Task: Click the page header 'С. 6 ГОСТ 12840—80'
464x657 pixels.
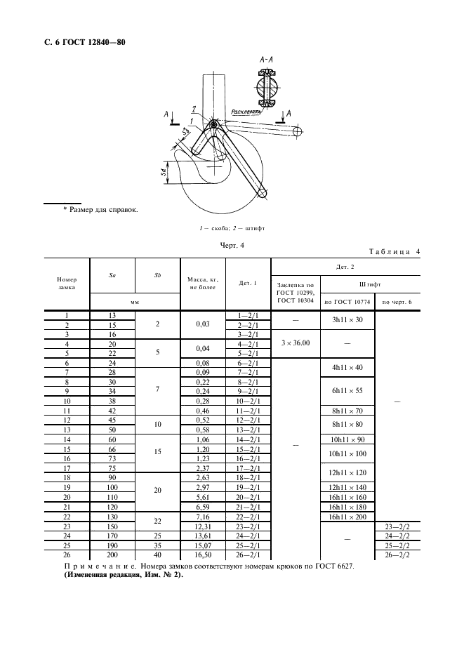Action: [85, 43]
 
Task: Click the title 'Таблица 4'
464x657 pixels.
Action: [394, 252]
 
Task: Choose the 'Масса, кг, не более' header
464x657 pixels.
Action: [200, 284]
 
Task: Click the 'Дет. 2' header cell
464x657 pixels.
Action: [345, 267]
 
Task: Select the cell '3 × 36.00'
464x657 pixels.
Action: [296, 343]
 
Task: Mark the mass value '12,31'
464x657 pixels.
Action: [201, 526]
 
